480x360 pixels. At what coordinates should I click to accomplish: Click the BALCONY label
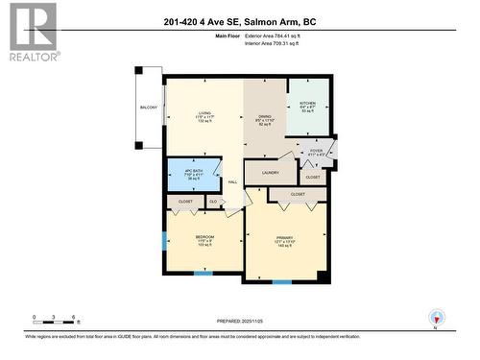(x=148, y=108)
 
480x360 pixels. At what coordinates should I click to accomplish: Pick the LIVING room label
(x=204, y=111)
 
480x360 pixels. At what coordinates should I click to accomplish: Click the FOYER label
(x=316, y=151)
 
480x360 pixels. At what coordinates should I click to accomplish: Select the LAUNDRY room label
(x=270, y=173)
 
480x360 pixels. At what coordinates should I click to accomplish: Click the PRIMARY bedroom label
(x=284, y=238)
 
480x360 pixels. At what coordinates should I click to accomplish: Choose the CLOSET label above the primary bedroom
(x=297, y=194)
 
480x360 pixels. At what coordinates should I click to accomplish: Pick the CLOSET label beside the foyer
(x=312, y=177)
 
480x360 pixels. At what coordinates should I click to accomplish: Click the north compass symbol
(x=438, y=317)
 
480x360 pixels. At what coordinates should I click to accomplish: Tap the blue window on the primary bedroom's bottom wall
(x=281, y=282)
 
